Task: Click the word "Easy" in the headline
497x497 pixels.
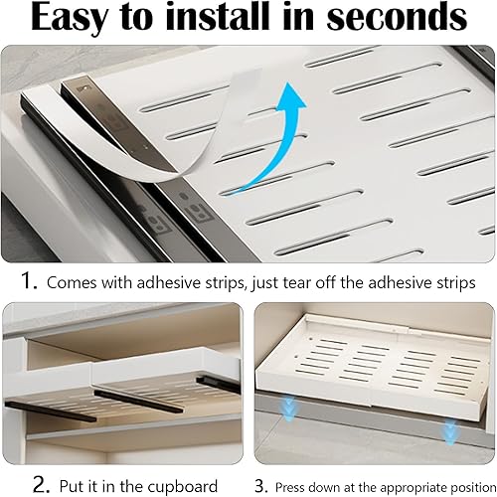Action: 70,18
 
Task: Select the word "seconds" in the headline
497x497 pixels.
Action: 397,17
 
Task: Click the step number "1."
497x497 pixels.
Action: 29,280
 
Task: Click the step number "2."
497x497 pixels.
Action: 41,485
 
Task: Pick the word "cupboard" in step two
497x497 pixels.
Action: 182,487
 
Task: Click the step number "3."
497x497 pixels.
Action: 261,486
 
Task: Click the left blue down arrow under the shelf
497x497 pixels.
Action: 289,410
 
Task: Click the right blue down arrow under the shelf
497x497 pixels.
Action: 449,431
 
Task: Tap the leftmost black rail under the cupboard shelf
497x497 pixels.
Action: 51,412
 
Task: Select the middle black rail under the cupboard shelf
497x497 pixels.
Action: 138,402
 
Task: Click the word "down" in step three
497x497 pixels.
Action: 323,487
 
